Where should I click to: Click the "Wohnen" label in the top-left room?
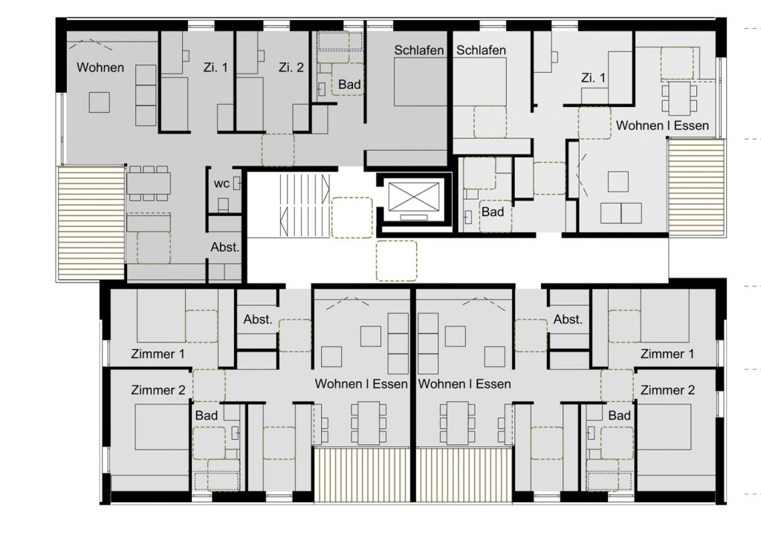pyautogui.click(x=100, y=68)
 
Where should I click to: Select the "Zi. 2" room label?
pyautogui.click(x=291, y=68)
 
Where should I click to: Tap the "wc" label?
pyautogui.click(x=221, y=183)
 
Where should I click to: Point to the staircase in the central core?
pyautogui.click(x=304, y=199)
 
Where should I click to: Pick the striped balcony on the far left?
pyautogui.click(x=91, y=222)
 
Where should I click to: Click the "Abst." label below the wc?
pyautogui.click(x=225, y=247)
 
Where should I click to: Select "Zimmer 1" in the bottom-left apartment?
pyautogui.click(x=158, y=354)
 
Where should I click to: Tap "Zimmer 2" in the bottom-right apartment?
pyautogui.click(x=667, y=390)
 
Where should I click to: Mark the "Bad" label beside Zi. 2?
pyautogui.click(x=349, y=85)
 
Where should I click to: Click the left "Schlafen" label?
pyautogui.click(x=419, y=50)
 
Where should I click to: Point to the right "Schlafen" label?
pyautogui.click(x=481, y=50)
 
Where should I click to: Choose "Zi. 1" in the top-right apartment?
pyautogui.click(x=593, y=78)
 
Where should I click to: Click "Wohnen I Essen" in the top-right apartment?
pyautogui.click(x=662, y=126)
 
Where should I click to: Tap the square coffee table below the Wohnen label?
pyautogui.click(x=100, y=102)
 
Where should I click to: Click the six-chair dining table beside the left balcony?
pyautogui.click(x=149, y=183)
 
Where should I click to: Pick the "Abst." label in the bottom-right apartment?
pyautogui.click(x=568, y=319)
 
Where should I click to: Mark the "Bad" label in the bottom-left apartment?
pyautogui.click(x=207, y=416)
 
